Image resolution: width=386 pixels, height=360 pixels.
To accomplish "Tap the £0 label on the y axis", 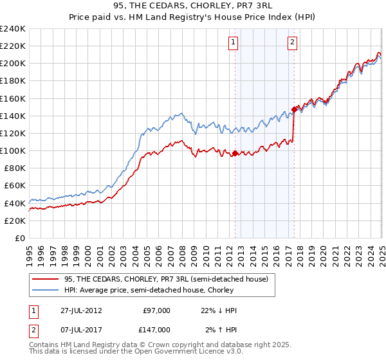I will [20, 238].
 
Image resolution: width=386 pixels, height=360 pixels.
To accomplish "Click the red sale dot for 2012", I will [235, 153].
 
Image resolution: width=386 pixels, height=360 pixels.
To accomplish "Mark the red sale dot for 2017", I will [294, 109].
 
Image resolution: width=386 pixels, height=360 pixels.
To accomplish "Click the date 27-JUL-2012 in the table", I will [78, 310].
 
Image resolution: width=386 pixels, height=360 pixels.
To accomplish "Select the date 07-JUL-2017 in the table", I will [78, 330].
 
